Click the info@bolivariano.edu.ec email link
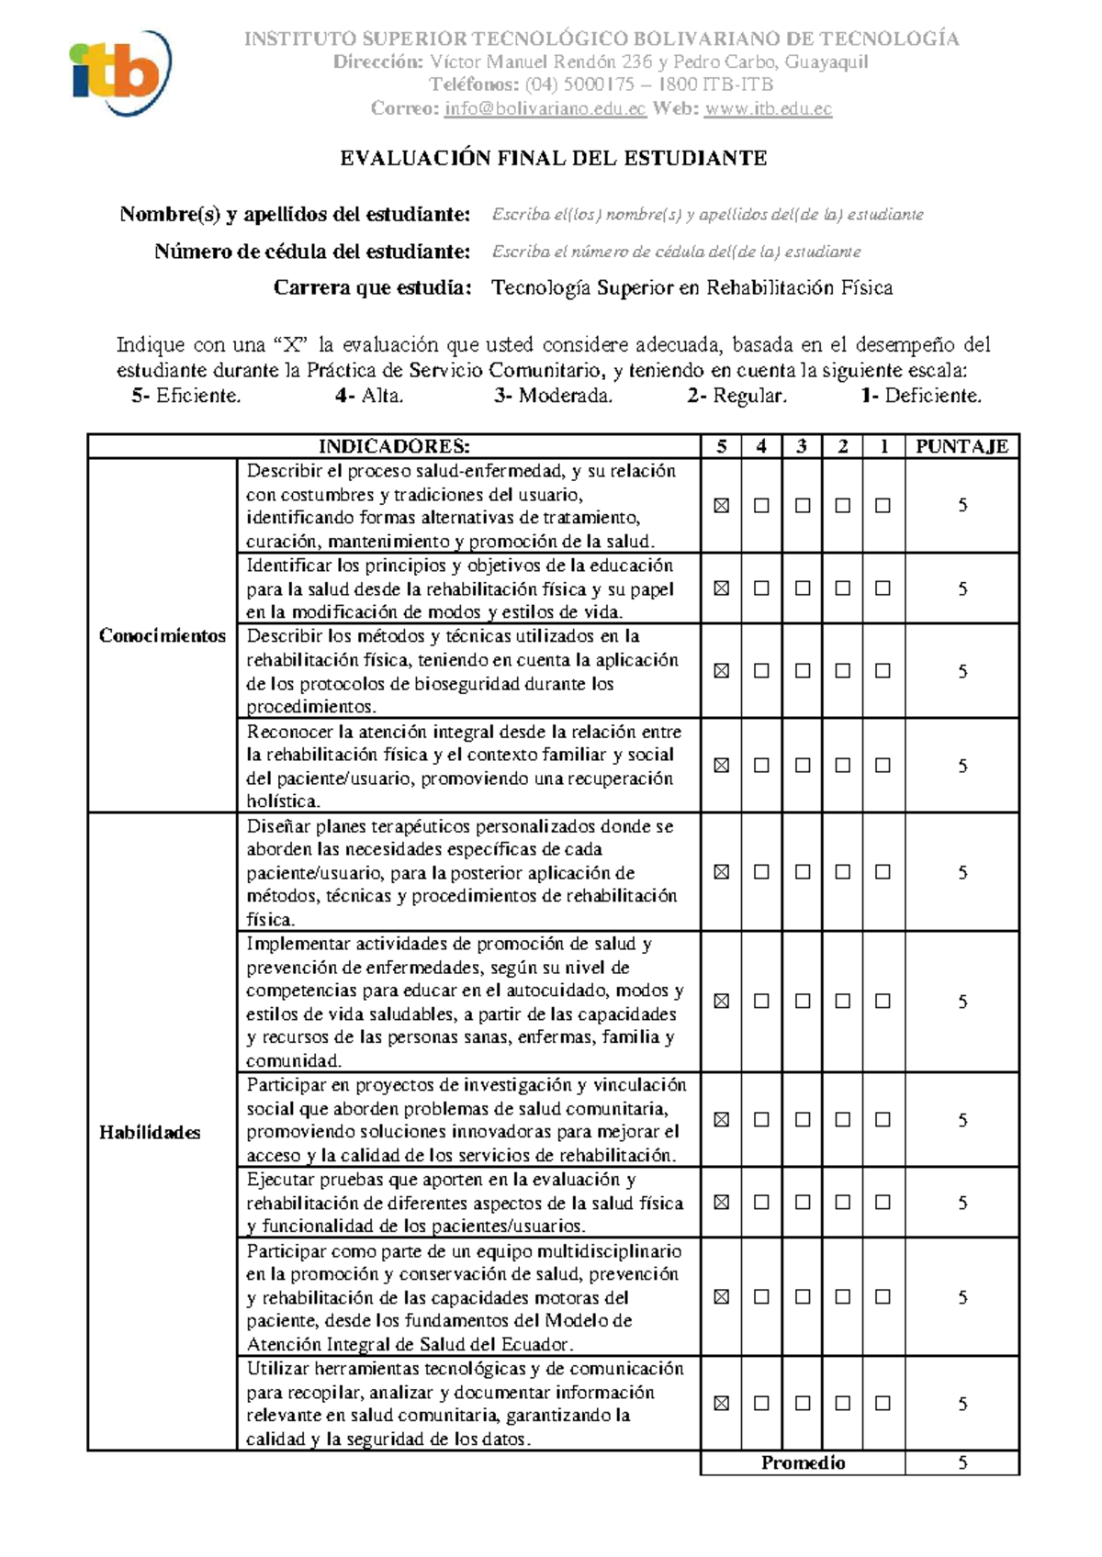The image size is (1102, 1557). pyautogui.click(x=545, y=108)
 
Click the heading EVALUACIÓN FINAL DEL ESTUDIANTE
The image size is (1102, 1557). pyautogui.click(x=554, y=158)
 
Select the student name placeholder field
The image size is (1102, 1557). pyautogui.click(x=707, y=215)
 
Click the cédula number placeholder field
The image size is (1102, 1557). pyautogui.click(x=676, y=252)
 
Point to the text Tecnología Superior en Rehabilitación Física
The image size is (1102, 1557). pyautogui.click(x=692, y=288)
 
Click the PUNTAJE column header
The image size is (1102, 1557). pyautogui.click(x=961, y=446)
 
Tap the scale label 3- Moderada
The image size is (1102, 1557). pyautogui.click(x=553, y=396)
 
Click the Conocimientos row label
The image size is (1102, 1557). pyautogui.click(x=163, y=635)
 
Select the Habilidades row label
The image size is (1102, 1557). pyautogui.click(x=150, y=1132)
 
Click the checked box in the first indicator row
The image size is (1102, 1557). pyautogui.click(x=721, y=505)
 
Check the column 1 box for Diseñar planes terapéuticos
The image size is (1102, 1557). pyautogui.click(x=883, y=871)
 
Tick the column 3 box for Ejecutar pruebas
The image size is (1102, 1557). pyautogui.click(x=802, y=1202)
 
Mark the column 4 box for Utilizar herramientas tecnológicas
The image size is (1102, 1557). pyautogui.click(x=761, y=1403)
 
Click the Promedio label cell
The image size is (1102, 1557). pyautogui.click(x=803, y=1462)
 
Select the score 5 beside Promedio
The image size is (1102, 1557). pyautogui.click(x=961, y=1462)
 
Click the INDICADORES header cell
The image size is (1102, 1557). pyautogui.click(x=394, y=446)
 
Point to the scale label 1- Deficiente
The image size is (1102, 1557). pyautogui.click(x=921, y=396)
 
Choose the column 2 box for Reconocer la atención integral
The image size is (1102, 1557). pyautogui.click(x=842, y=765)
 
